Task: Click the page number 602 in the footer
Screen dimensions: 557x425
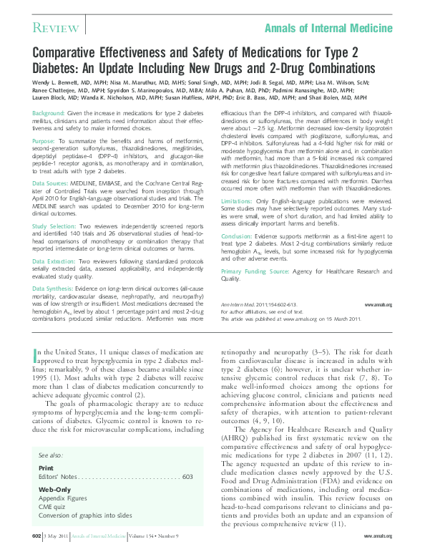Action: click(36, 536)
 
